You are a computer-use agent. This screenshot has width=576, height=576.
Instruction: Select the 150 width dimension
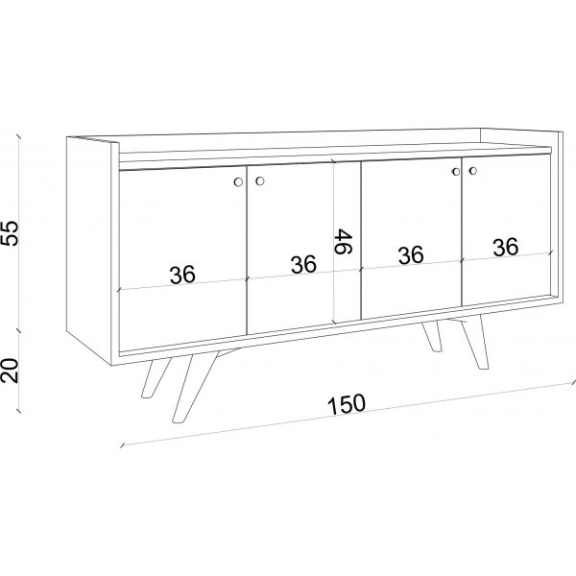click(x=345, y=404)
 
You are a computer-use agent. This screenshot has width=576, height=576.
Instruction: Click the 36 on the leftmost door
click(x=182, y=276)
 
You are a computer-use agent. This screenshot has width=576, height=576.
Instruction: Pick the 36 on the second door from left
click(x=303, y=264)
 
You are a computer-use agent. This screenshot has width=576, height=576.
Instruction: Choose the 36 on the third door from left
click(x=411, y=255)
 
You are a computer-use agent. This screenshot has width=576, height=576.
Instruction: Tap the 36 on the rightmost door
click(x=506, y=247)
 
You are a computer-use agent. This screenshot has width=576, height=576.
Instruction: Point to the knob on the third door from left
click(x=455, y=173)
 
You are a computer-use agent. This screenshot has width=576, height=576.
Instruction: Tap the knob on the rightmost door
click(x=472, y=172)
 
